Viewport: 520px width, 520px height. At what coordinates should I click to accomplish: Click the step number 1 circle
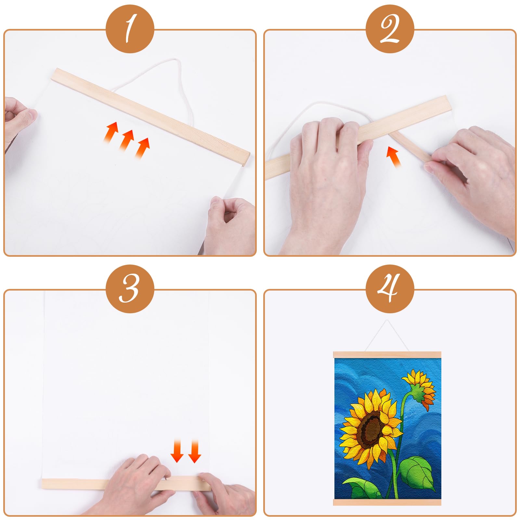(130, 29)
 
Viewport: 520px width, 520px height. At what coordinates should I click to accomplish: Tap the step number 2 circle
(390, 29)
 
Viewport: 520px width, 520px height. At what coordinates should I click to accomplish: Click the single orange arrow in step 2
(393, 157)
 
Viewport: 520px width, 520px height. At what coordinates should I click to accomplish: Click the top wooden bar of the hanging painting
(390, 355)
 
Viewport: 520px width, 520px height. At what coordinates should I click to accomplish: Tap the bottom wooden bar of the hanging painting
(390, 502)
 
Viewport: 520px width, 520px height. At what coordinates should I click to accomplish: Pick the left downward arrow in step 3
(177, 450)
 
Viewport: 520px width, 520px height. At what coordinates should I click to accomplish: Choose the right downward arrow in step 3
(195, 450)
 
